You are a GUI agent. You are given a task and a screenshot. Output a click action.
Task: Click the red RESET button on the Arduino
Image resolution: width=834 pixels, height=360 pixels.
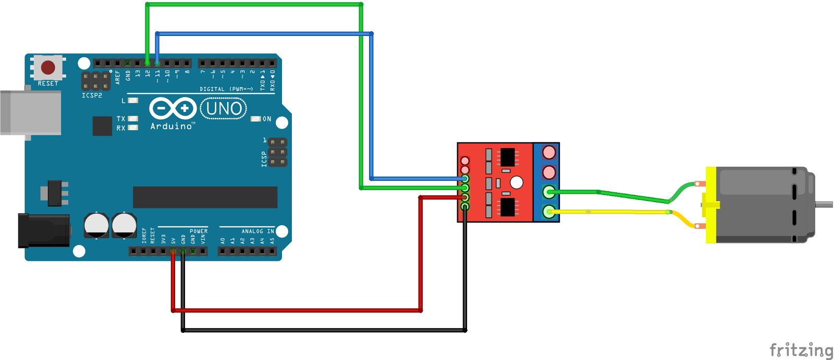pyautogui.click(x=48, y=67)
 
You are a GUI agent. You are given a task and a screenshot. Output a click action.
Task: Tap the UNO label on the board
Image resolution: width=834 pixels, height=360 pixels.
pyautogui.click(x=224, y=108)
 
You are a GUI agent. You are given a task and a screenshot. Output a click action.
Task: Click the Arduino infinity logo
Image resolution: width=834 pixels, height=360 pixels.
pyautogui.click(x=172, y=108)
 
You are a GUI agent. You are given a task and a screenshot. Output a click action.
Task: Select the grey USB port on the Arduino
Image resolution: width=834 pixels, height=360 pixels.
pyautogui.click(x=30, y=113)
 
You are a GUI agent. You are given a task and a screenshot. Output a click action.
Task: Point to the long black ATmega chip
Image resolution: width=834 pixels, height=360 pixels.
pyautogui.click(x=205, y=197)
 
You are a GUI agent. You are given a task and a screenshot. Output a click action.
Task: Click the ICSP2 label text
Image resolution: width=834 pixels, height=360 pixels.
pyautogui.click(x=92, y=96)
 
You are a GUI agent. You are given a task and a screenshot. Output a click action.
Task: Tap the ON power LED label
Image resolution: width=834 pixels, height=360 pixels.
pyautogui.click(x=267, y=119)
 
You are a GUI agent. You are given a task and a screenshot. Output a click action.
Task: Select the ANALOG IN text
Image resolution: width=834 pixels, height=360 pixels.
pyautogui.click(x=257, y=231)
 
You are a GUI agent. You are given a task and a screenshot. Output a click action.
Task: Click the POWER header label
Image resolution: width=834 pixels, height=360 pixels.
pyautogui.click(x=199, y=231)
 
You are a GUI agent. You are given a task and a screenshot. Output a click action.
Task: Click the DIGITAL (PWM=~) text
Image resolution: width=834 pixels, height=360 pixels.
pyautogui.click(x=226, y=89)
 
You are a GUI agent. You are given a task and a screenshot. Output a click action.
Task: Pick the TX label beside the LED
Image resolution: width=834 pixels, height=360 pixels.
pyautogui.click(x=121, y=119)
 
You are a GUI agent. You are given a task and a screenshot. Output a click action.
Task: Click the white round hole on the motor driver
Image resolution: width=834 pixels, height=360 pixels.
pyautogui.click(x=517, y=182)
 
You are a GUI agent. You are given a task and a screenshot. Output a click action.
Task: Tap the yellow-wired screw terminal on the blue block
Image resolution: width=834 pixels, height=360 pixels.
pyautogui.click(x=549, y=212)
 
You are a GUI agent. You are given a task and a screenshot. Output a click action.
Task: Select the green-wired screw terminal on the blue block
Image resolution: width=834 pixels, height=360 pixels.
pyautogui.click(x=549, y=192)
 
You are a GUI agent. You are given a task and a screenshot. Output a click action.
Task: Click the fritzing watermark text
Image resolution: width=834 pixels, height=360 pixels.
pyautogui.click(x=801, y=350)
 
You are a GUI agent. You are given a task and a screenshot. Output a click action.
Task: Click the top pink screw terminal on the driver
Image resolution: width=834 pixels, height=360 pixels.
pyautogui.click(x=549, y=152)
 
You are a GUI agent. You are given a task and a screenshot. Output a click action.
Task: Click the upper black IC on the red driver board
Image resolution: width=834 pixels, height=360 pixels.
pyautogui.click(x=507, y=156)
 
